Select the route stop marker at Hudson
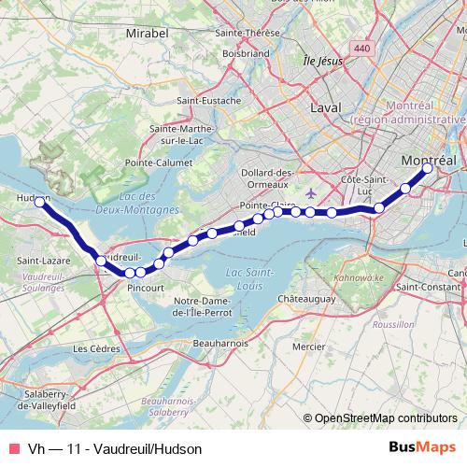[x=40, y=202]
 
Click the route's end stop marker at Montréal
[x=427, y=168]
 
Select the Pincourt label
[x=147, y=289]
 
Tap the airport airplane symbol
[x=311, y=193]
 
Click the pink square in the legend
[x=14, y=448]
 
